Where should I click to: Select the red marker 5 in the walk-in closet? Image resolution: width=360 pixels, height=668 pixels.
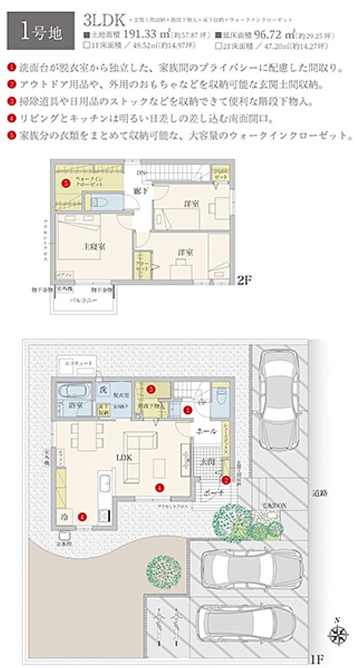(66, 183)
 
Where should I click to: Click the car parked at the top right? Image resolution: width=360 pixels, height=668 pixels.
(280, 400)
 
